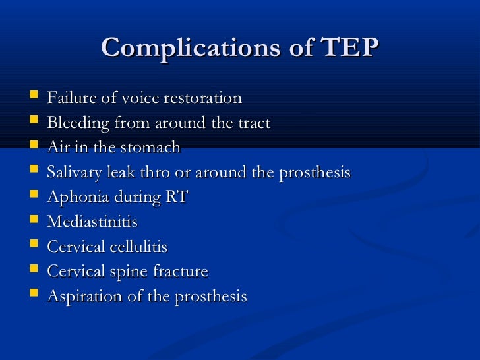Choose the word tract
(x=255, y=123)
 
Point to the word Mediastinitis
(x=92, y=222)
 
